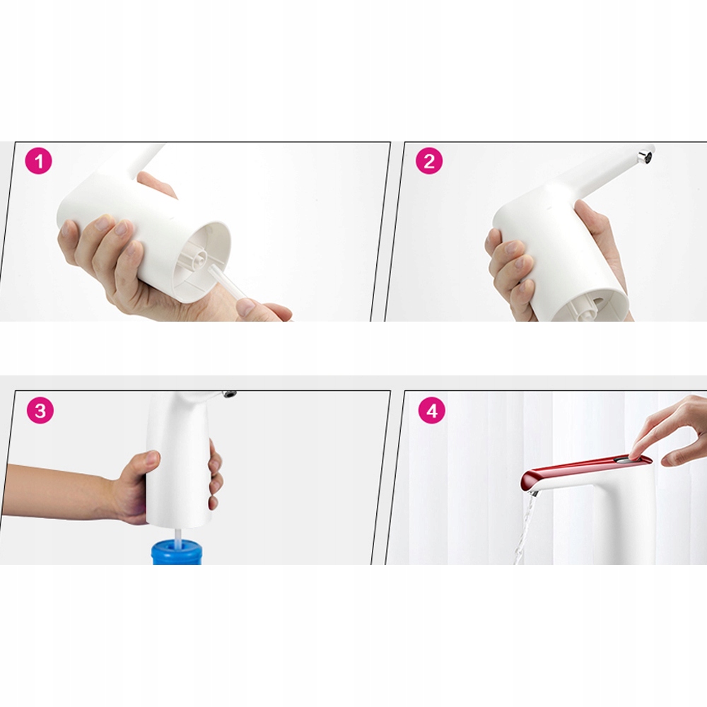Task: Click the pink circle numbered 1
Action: pyautogui.click(x=39, y=161)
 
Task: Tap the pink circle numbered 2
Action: pyautogui.click(x=429, y=161)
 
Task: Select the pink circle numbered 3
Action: pyautogui.click(x=40, y=410)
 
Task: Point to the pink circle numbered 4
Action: pyautogui.click(x=431, y=410)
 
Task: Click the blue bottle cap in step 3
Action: pyautogui.click(x=176, y=553)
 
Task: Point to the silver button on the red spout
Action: pyautogui.click(x=624, y=460)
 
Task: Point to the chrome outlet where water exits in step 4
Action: pyautogui.click(x=533, y=492)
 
